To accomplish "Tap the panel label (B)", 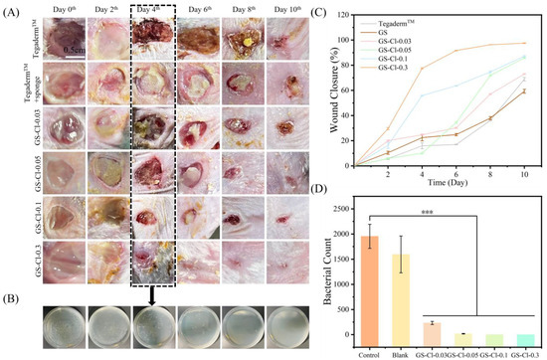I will tap(12, 298).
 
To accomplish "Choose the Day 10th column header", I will tap(286, 9).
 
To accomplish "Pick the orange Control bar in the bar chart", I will tap(370, 289).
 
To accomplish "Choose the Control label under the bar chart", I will tap(370, 352).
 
